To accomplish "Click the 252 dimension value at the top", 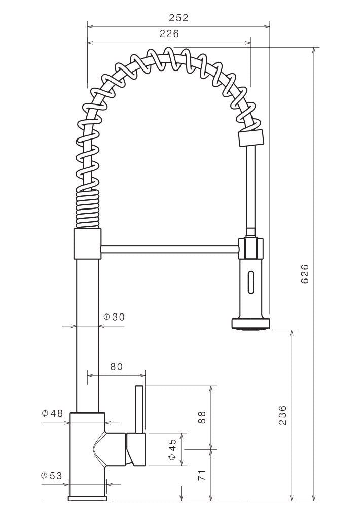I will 178,18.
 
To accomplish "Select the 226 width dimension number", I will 169,34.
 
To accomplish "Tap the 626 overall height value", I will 305,274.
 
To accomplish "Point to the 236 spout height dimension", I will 283,415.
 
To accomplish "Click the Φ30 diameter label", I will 114,317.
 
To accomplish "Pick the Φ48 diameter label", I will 52,413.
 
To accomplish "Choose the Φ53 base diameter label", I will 52,476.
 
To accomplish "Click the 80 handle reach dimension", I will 116,367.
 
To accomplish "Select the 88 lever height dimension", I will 202,417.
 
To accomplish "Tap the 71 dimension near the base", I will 202,475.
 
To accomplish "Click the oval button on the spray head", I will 250,282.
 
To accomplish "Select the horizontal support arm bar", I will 169,249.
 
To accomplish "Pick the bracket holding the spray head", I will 251,249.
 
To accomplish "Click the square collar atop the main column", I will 88,243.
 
